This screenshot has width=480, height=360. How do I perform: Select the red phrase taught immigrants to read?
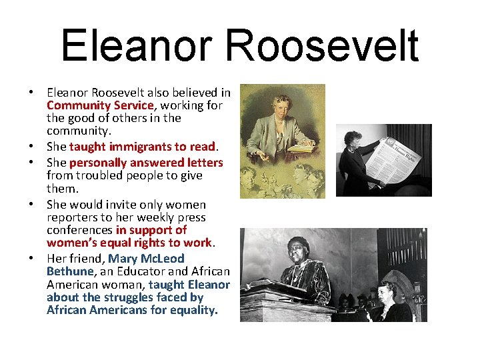[x=142, y=147]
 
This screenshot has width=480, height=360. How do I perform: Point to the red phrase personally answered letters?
[x=145, y=163]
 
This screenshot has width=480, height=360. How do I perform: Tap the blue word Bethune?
[x=70, y=271]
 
